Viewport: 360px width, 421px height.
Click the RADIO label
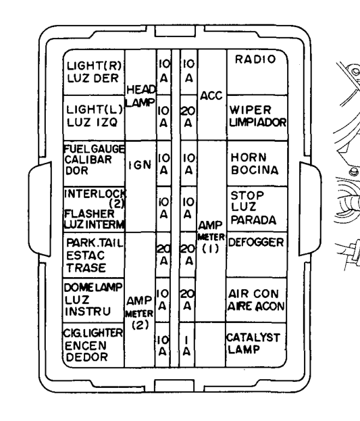click(255, 59)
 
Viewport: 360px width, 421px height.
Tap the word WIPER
click(250, 110)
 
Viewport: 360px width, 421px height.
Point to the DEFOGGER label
click(256, 243)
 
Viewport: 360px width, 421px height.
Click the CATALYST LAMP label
click(253, 344)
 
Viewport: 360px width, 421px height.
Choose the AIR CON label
click(253, 294)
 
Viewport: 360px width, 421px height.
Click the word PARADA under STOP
click(253, 220)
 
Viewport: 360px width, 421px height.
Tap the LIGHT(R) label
click(94, 66)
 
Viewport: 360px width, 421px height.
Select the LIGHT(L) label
click(95, 110)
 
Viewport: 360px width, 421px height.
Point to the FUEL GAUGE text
click(95, 149)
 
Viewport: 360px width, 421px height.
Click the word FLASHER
click(89, 214)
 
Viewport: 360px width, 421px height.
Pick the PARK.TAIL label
click(95, 243)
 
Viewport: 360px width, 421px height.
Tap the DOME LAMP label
click(93, 288)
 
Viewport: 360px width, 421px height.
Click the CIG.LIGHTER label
click(93, 333)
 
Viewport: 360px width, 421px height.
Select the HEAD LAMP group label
click(140, 96)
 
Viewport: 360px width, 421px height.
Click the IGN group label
click(140, 165)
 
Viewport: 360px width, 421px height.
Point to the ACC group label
click(211, 96)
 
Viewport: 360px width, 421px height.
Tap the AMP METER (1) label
click(211, 237)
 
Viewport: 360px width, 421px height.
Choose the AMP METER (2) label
click(139, 313)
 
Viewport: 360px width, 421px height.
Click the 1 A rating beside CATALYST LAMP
click(186, 346)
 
